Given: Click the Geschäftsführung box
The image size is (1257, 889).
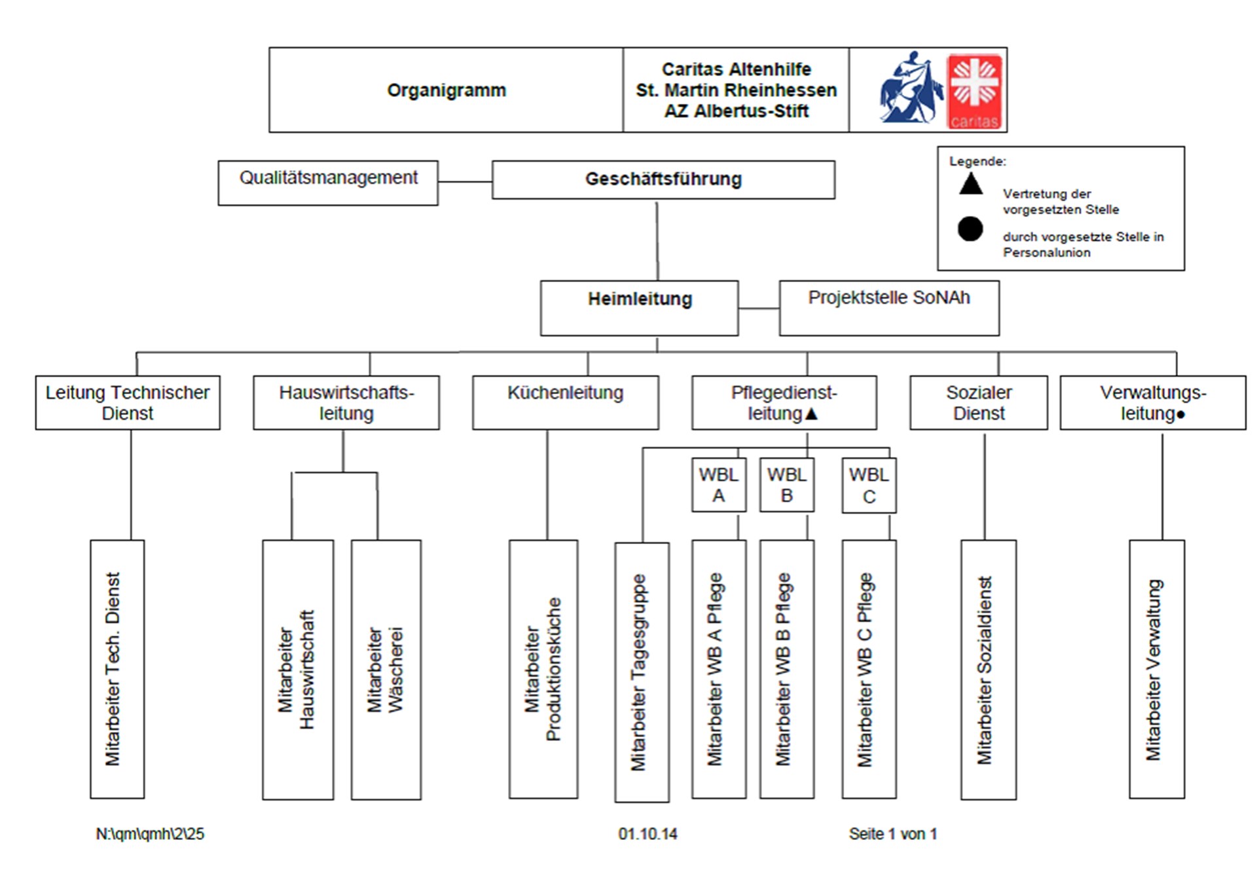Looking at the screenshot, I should click(x=663, y=179).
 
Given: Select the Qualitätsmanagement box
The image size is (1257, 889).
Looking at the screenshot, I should click(x=328, y=183).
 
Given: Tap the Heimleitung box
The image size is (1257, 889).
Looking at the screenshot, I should click(x=639, y=308).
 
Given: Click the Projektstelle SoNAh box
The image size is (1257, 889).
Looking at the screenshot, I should click(x=888, y=308).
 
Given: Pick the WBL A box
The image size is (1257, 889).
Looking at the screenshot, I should click(x=718, y=485).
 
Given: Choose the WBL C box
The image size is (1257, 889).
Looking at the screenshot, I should click(x=868, y=485).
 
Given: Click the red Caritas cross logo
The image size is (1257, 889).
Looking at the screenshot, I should click(x=974, y=91).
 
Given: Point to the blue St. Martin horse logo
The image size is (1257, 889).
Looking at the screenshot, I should click(x=910, y=89).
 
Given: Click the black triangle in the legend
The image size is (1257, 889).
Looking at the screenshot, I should click(x=970, y=184).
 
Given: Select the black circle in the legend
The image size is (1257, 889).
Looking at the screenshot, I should click(x=970, y=228).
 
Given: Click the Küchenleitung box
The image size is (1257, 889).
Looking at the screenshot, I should click(x=565, y=402).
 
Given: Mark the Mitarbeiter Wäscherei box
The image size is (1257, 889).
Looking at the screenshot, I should click(x=386, y=669).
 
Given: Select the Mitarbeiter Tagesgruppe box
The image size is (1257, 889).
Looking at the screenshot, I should click(x=641, y=672).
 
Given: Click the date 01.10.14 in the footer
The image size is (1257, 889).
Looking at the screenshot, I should click(x=647, y=834).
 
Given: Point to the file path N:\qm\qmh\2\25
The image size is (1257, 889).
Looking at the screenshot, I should click(x=150, y=834).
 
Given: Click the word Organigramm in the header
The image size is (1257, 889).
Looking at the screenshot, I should click(x=446, y=90).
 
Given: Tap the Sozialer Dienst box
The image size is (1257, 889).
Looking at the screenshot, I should click(x=978, y=402).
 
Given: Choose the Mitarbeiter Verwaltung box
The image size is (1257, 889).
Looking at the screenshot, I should click(x=1156, y=669).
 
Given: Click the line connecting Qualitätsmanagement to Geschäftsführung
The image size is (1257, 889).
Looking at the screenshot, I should click(x=465, y=181).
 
